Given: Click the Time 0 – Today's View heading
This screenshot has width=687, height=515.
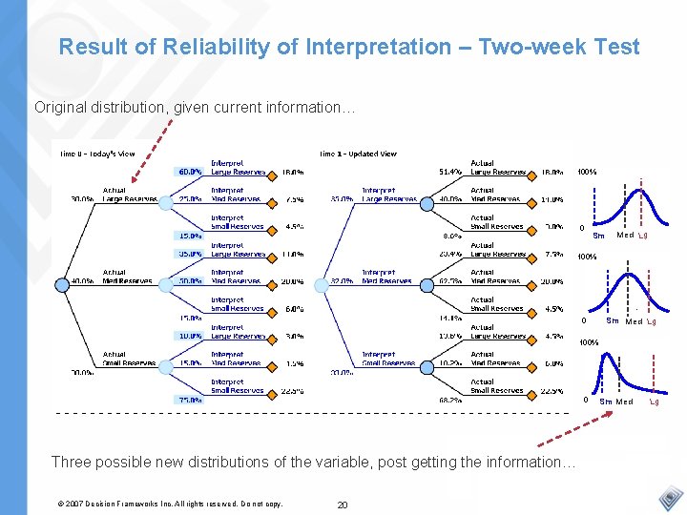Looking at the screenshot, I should (x=97, y=154).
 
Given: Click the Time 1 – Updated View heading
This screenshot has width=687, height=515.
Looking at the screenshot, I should (x=358, y=154).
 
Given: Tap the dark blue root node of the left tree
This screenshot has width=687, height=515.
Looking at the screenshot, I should (x=61, y=282).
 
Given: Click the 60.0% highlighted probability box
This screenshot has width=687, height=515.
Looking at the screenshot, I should (x=189, y=173).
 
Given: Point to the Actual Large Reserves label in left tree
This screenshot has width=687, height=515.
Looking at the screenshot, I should (x=128, y=196).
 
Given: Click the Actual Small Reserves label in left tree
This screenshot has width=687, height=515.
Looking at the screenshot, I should (x=128, y=360).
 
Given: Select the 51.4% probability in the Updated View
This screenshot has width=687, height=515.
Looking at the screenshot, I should (x=450, y=173).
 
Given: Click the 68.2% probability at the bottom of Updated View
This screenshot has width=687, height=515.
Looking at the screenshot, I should (x=450, y=401).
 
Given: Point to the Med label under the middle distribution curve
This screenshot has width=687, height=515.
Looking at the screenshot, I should (x=634, y=321).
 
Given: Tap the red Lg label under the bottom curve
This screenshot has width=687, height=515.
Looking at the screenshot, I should (x=654, y=402).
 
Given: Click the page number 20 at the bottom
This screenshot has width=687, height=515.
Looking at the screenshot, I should (x=342, y=504).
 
